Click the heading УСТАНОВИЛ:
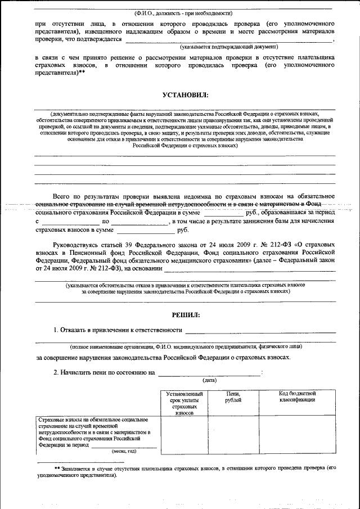185,96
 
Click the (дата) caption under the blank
210,381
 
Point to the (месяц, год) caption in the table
124,451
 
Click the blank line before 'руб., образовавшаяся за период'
223,214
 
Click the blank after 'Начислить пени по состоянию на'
209,373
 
